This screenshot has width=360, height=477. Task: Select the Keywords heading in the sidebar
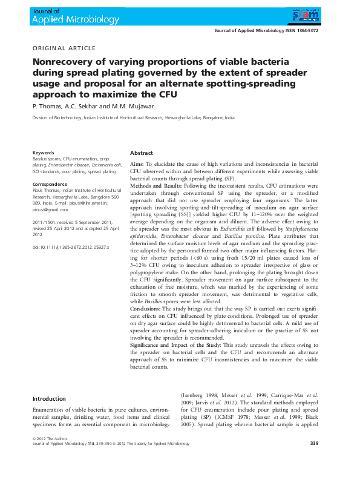(43, 153)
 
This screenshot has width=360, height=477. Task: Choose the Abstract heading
(142, 153)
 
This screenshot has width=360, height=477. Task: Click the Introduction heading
(49, 399)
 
